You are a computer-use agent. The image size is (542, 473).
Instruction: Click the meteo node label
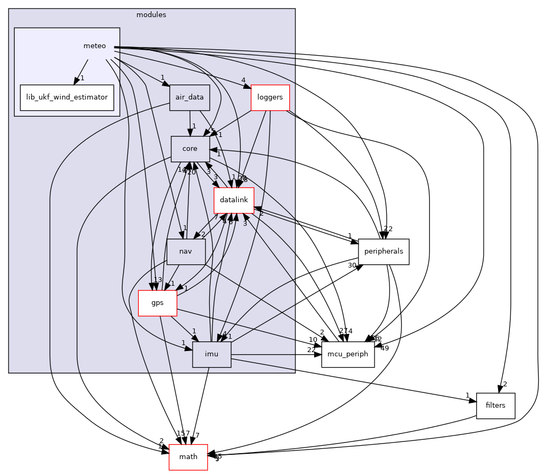click(x=95, y=47)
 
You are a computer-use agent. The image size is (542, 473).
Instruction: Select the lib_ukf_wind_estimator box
click(x=67, y=98)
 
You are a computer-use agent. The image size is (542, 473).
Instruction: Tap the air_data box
click(x=189, y=98)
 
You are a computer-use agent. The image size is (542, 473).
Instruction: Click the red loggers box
click(x=270, y=98)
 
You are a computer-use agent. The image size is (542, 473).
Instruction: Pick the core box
click(x=189, y=149)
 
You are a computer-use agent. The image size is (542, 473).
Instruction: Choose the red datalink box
click(x=233, y=200)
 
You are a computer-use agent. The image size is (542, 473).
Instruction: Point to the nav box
click(x=186, y=251)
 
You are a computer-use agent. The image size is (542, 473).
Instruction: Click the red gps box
click(x=157, y=303)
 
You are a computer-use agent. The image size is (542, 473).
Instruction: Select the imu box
click(x=212, y=354)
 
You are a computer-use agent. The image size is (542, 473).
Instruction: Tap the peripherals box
click(x=384, y=251)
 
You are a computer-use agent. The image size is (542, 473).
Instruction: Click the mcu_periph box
click(x=348, y=354)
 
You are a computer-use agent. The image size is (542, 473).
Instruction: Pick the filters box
click(x=495, y=406)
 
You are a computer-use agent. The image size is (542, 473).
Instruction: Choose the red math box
click(x=188, y=457)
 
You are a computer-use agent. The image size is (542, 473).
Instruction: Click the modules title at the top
click(x=151, y=15)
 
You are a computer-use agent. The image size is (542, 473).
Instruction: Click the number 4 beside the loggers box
click(x=243, y=81)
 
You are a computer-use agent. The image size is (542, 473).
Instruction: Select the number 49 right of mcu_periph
click(x=384, y=348)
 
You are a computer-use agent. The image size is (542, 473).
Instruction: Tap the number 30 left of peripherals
click(x=352, y=265)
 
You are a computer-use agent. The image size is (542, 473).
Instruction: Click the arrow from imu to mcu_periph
click(x=276, y=354)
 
